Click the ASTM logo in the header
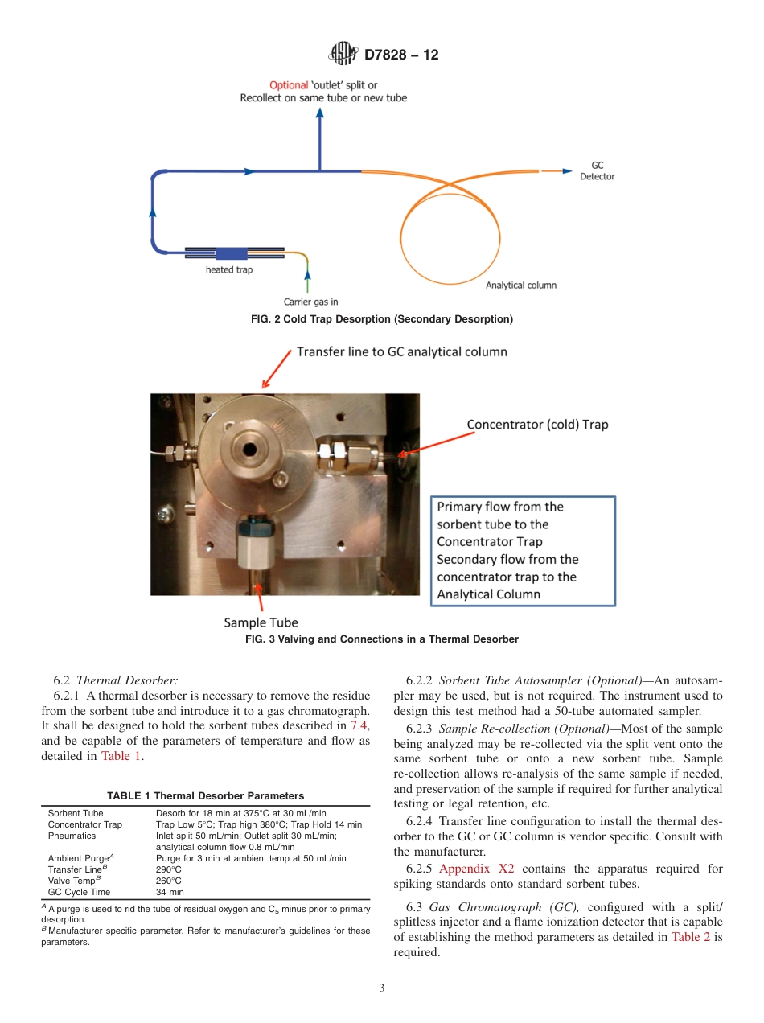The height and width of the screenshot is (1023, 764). (343, 55)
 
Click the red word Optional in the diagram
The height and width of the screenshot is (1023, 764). (288, 84)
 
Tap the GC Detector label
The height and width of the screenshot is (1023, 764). (597, 170)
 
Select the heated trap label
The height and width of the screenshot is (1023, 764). (229, 269)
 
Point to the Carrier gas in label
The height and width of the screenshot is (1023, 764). (311, 302)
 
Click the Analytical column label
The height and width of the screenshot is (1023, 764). (521, 285)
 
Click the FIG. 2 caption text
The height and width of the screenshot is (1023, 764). (382, 319)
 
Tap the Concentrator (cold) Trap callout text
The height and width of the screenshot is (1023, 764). (537, 424)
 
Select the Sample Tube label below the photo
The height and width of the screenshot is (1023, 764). (261, 622)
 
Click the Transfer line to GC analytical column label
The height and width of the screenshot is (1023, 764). (401, 351)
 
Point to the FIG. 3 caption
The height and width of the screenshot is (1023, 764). (382, 639)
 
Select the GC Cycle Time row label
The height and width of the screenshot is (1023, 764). (80, 892)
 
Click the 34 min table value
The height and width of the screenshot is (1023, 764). (170, 892)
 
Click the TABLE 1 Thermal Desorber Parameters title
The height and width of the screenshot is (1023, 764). (206, 795)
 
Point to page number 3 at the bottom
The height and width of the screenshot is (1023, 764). (381, 988)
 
